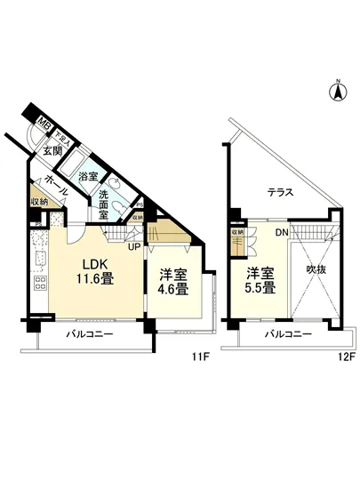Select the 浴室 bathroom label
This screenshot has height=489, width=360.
point(88,177)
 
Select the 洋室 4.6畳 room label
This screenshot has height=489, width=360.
point(173,281)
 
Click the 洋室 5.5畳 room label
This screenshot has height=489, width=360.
point(259,280)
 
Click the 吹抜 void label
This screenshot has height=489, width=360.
point(316,267)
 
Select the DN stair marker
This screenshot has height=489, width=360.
point(280,232)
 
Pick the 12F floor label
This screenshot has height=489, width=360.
point(345,358)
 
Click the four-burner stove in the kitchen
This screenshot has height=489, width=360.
point(40,285)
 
